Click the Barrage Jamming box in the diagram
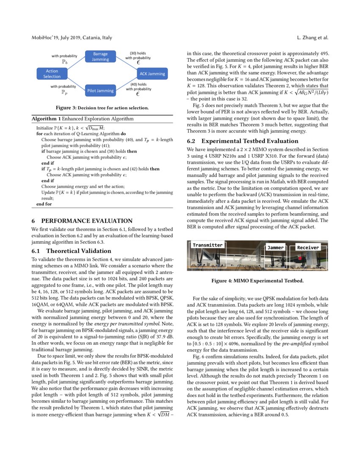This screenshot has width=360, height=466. pos(100,57)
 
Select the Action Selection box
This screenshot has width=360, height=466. pos(52,74)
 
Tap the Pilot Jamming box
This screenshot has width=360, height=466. pos(100,90)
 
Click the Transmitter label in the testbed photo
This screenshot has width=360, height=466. pos(208,245)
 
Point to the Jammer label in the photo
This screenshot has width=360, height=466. pos(276,248)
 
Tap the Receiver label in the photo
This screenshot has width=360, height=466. pos(308,247)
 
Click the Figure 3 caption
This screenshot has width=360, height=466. pos(102,108)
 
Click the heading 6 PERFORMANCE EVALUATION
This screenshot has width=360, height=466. pos(82,221)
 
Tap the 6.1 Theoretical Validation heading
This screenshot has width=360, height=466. pos(72,251)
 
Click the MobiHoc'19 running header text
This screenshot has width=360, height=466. pos(72,38)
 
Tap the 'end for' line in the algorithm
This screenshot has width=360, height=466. pos(44,204)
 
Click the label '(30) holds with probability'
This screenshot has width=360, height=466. pos(138,55)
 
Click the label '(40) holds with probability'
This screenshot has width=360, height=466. pos(138,87)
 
